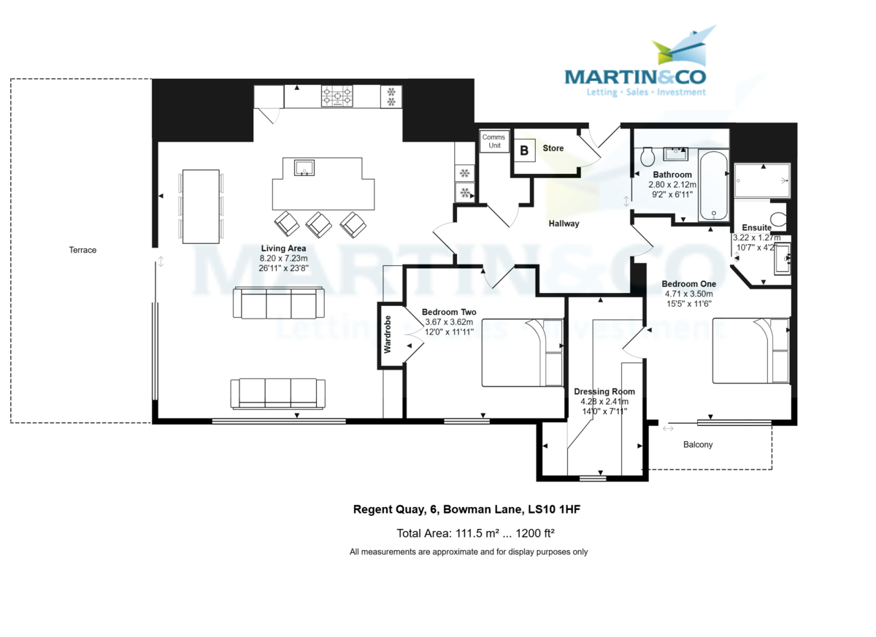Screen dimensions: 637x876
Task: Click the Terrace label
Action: click(x=82, y=250)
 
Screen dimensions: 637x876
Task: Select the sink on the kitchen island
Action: click(x=304, y=168)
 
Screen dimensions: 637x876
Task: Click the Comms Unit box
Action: click(x=494, y=142)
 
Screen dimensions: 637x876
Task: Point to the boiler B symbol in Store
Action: click(x=524, y=150)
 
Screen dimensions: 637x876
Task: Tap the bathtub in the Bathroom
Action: click(x=712, y=186)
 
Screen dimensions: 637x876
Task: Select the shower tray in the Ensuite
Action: click(x=761, y=180)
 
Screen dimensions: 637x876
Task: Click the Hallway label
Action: click(x=564, y=224)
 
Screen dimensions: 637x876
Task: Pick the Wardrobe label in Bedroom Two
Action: click(x=388, y=334)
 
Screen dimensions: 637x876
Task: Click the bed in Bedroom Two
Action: click(x=523, y=353)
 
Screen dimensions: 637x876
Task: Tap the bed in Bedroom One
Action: click(x=751, y=350)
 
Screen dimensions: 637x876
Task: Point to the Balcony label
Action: click(x=698, y=444)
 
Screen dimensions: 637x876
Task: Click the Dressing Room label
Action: click(x=604, y=392)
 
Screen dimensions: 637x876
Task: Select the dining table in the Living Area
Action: click(x=201, y=206)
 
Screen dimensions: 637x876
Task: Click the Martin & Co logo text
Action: click(x=636, y=76)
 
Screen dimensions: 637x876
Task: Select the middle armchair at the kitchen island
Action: click(x=319, y=224)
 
